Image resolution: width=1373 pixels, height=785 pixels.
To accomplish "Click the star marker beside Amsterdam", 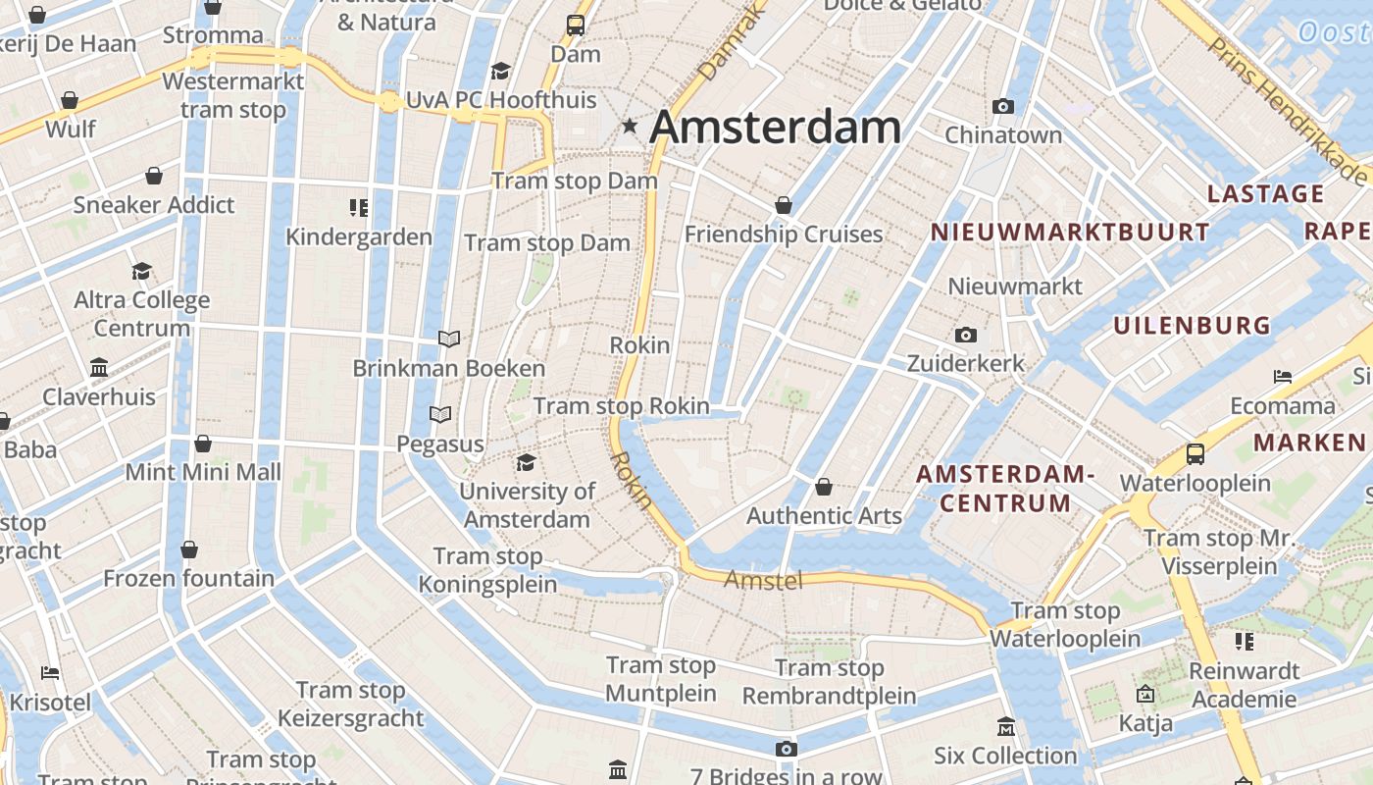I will click(630, 127).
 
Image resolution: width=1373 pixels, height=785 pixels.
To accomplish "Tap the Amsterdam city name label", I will click(775, 128).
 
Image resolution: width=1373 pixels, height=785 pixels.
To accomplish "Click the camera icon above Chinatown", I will click(1002, 106).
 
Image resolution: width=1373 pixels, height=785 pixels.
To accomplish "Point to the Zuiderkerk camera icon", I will click(966, 336).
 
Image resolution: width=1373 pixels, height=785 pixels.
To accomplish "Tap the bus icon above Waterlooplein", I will click(1195, 454).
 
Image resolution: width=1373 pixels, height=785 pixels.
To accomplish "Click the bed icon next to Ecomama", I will click(1282, 377).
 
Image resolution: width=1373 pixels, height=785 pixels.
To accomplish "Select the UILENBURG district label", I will click(1192, 326).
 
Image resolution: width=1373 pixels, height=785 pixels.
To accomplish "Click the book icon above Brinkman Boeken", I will click(449, 340).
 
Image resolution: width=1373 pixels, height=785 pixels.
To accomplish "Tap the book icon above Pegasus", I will click(440, 415).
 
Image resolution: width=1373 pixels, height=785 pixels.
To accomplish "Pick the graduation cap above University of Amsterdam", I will click(527, 462).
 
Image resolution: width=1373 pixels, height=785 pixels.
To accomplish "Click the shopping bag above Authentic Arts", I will click(824, 488).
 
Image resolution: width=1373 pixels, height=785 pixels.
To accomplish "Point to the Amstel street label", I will click(763, 581).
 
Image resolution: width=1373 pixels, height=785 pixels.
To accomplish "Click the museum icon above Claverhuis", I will click(99, 368).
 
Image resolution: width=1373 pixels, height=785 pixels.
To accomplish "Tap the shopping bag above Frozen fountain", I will click(188, 549).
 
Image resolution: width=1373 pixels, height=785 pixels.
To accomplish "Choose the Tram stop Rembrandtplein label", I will click(829, 682).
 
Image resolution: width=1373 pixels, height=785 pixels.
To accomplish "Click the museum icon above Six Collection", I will click(1005, 727).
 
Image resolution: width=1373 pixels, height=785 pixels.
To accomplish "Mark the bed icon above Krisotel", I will click(50, 673).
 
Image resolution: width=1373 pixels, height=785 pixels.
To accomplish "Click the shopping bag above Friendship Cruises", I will click(783, 206).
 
